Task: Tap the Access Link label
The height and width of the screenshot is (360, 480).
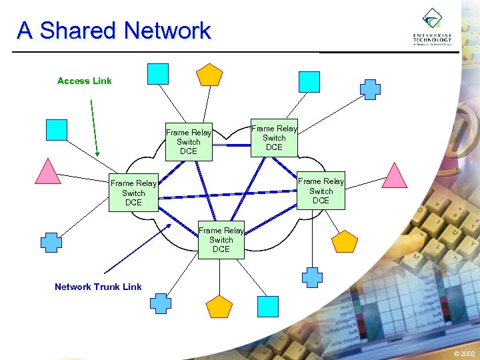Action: (84, 81)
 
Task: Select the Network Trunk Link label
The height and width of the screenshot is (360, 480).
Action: (98, 287)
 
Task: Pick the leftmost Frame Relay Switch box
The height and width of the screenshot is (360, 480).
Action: (133, 193)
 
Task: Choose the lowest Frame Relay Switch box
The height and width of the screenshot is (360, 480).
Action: (221, 240)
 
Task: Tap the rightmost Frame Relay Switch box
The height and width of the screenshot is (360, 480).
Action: (321, 191)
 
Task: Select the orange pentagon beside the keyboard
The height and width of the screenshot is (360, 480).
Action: (345, 241)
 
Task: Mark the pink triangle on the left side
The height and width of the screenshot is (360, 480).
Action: (48, 172)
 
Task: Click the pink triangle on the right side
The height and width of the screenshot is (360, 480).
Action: (394, 175)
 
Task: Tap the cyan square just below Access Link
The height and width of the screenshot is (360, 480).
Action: (57, 129)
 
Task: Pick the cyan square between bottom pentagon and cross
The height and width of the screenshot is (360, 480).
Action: (268, 306)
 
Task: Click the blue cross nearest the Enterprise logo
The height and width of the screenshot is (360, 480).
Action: (370, 89)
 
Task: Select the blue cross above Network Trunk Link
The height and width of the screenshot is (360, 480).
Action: (51, 242)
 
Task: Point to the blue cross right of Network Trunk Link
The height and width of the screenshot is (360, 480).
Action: (160, 303)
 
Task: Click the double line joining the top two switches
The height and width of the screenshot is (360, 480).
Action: (231, 144)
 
